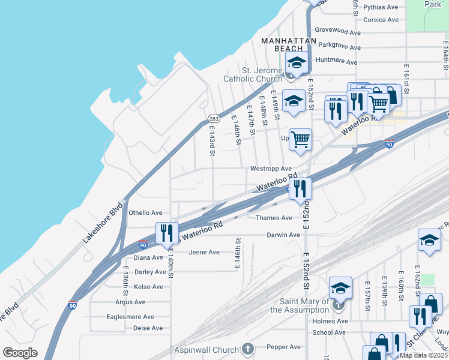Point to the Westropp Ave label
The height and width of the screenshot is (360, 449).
coord(271,169)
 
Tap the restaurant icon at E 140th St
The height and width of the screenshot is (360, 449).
coord(166,233)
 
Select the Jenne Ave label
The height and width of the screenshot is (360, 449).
coord(204,252)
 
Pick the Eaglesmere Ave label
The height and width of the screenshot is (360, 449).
coord(130,317)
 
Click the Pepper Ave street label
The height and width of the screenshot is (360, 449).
coord(283,347)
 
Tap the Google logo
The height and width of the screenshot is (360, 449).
coord(20,353)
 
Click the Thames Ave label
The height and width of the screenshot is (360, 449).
coord(274,218)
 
